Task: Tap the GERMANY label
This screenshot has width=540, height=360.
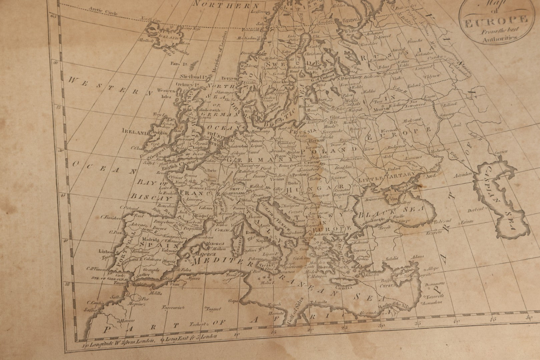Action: pyautogui.click(x=250, y=160)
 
